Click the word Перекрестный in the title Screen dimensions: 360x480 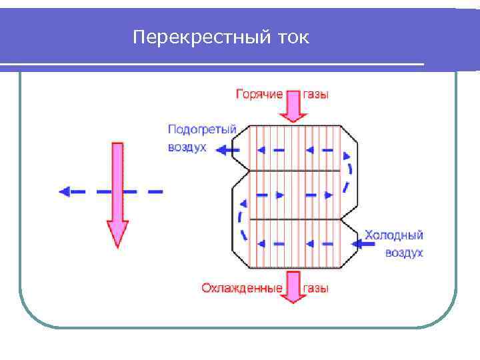click(199, 37)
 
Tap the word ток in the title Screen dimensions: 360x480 click(291, 37)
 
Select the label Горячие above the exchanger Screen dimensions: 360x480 click(259, 95)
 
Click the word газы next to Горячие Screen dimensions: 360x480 click(316, 95)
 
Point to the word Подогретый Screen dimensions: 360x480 click(202, 129)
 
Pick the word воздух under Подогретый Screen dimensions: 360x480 click(187, 147)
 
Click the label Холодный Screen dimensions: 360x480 click(393, 235)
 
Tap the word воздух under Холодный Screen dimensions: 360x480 click(403, 253)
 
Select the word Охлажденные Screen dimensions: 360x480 click(241, 288)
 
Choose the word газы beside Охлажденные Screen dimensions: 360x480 click(316, 288)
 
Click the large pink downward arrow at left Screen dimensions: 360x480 click(117, 193)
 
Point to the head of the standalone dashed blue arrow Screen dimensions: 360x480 click(65, 191)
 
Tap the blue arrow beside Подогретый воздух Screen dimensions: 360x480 click(227, 150)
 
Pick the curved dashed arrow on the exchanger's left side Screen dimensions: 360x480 click(241, 220)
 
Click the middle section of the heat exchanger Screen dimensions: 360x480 click(293, 195)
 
